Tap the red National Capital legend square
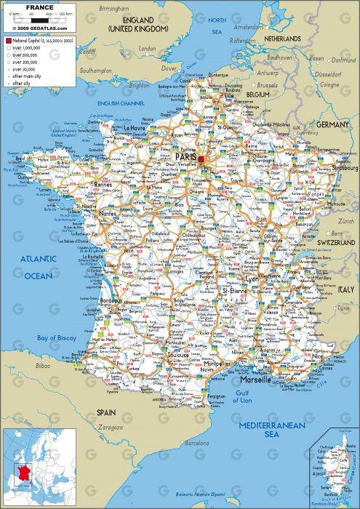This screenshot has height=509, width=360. [8, 41]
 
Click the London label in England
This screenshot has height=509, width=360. [148, 49]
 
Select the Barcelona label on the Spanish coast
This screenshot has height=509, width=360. [197, 442]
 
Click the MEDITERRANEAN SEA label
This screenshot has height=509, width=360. [272, 429]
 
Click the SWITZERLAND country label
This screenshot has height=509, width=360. [334, 242]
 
